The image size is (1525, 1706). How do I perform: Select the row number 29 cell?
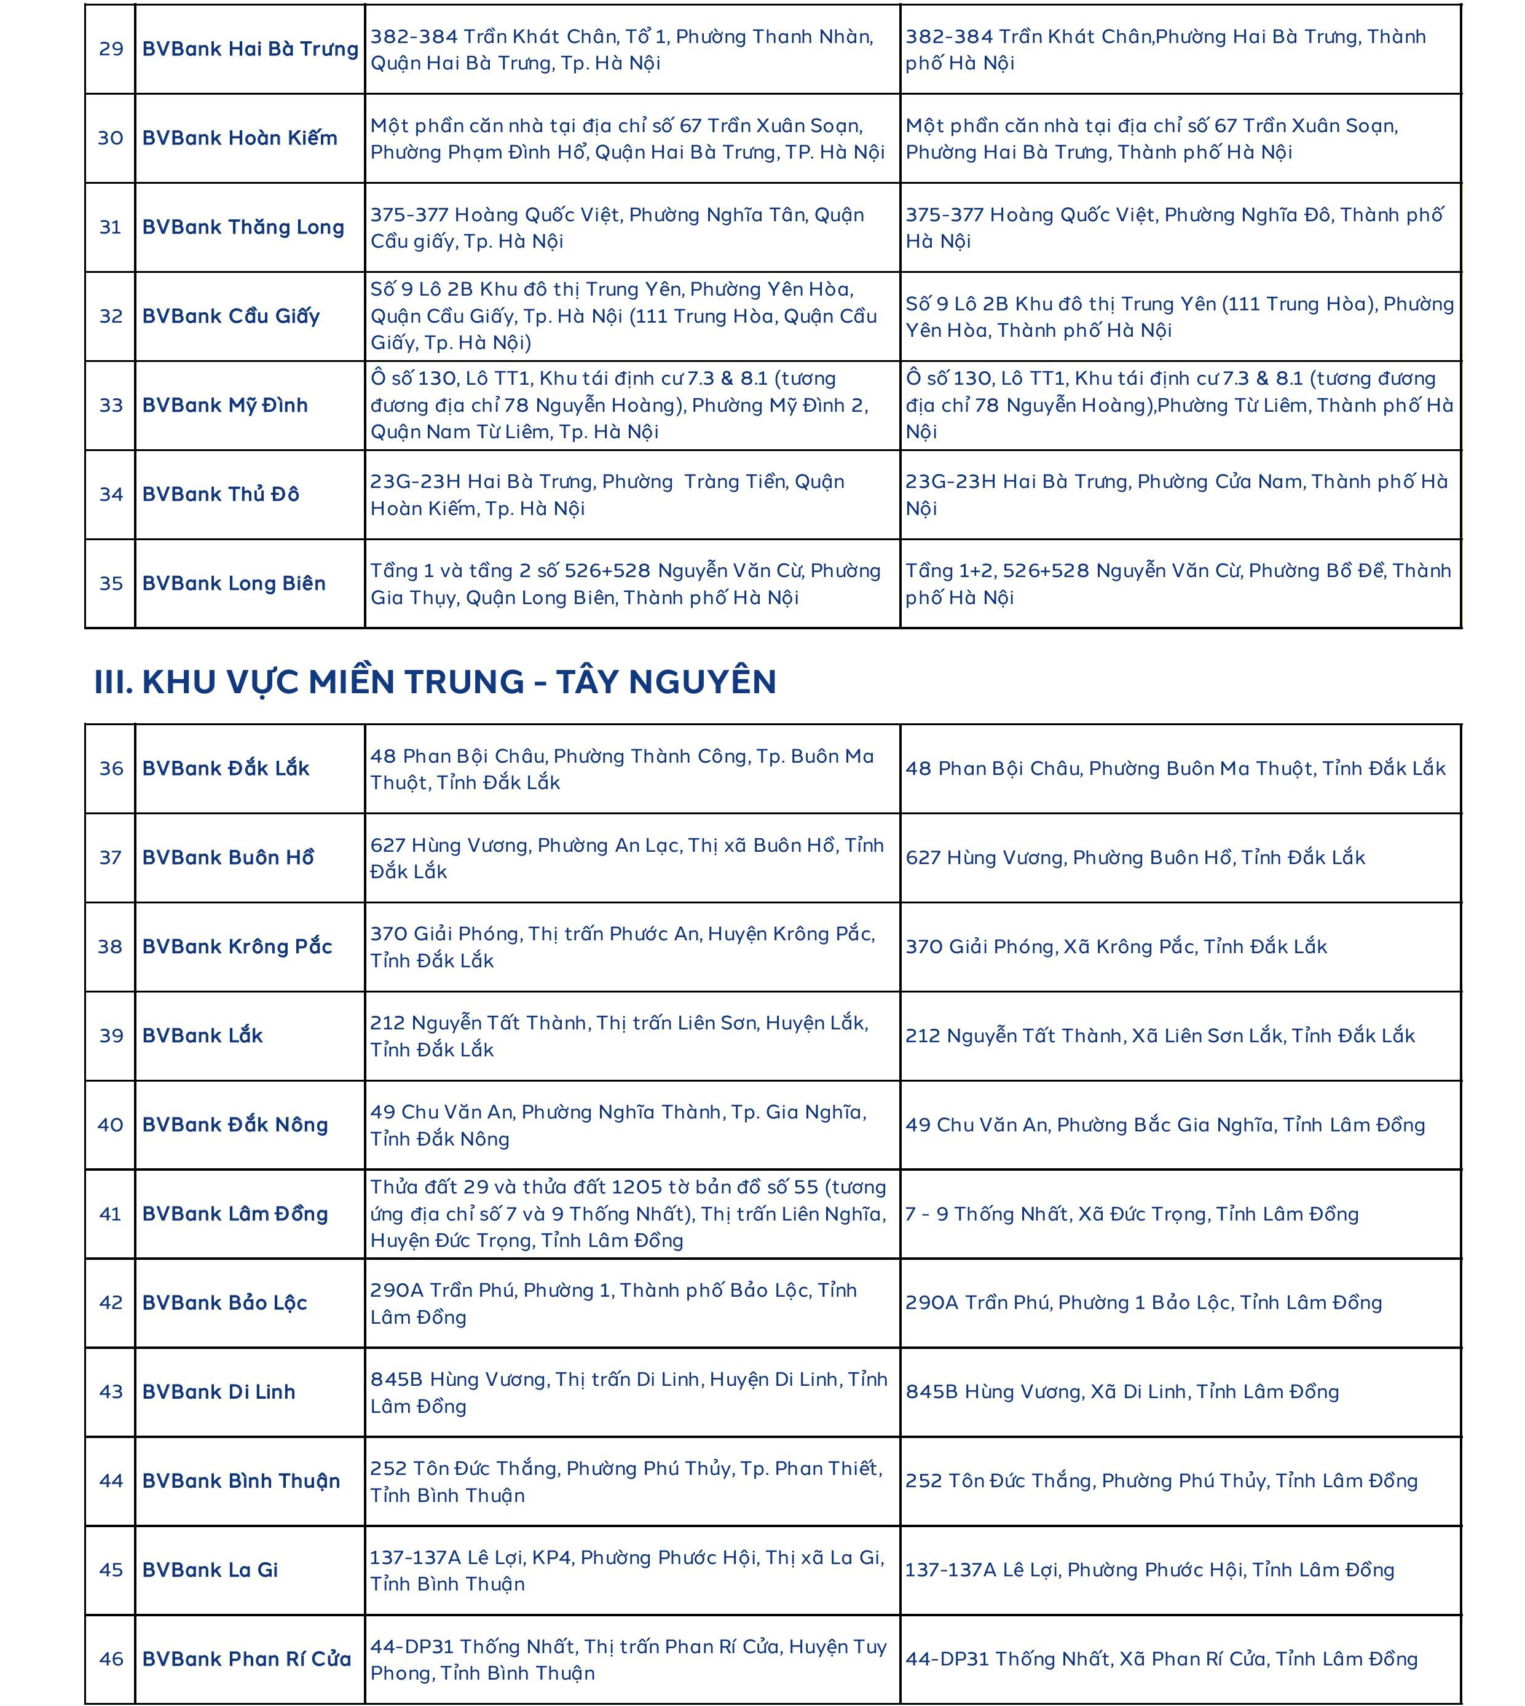pos(111,49)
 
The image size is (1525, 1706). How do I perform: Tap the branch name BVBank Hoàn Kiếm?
pos(240,138)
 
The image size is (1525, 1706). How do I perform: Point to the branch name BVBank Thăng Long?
pos(243,227)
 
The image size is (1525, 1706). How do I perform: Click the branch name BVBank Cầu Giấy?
pos(231,316)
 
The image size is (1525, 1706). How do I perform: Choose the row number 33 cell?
pos(111,406)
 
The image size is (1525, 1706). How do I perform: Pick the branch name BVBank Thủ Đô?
pos(221,494)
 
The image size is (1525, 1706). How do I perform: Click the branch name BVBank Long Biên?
pos(234,583)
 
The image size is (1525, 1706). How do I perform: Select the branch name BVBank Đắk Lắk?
pos(226,768)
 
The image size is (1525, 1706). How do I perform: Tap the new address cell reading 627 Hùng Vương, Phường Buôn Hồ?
pos(1135,857)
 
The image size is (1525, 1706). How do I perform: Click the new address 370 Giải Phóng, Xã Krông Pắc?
pos(1116,947)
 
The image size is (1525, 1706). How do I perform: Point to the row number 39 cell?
pos(111,1036)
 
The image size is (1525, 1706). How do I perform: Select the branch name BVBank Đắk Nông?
pos(235,1125)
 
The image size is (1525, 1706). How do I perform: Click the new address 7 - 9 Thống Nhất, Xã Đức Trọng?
pos(1131,1214)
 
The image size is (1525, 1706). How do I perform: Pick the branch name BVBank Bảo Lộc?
pos(224,1303)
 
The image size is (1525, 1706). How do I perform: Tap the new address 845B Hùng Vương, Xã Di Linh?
pos(1122,1392)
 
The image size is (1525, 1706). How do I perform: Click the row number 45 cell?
pos(111,1570)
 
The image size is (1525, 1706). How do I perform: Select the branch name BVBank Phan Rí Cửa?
pos(246,1659)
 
